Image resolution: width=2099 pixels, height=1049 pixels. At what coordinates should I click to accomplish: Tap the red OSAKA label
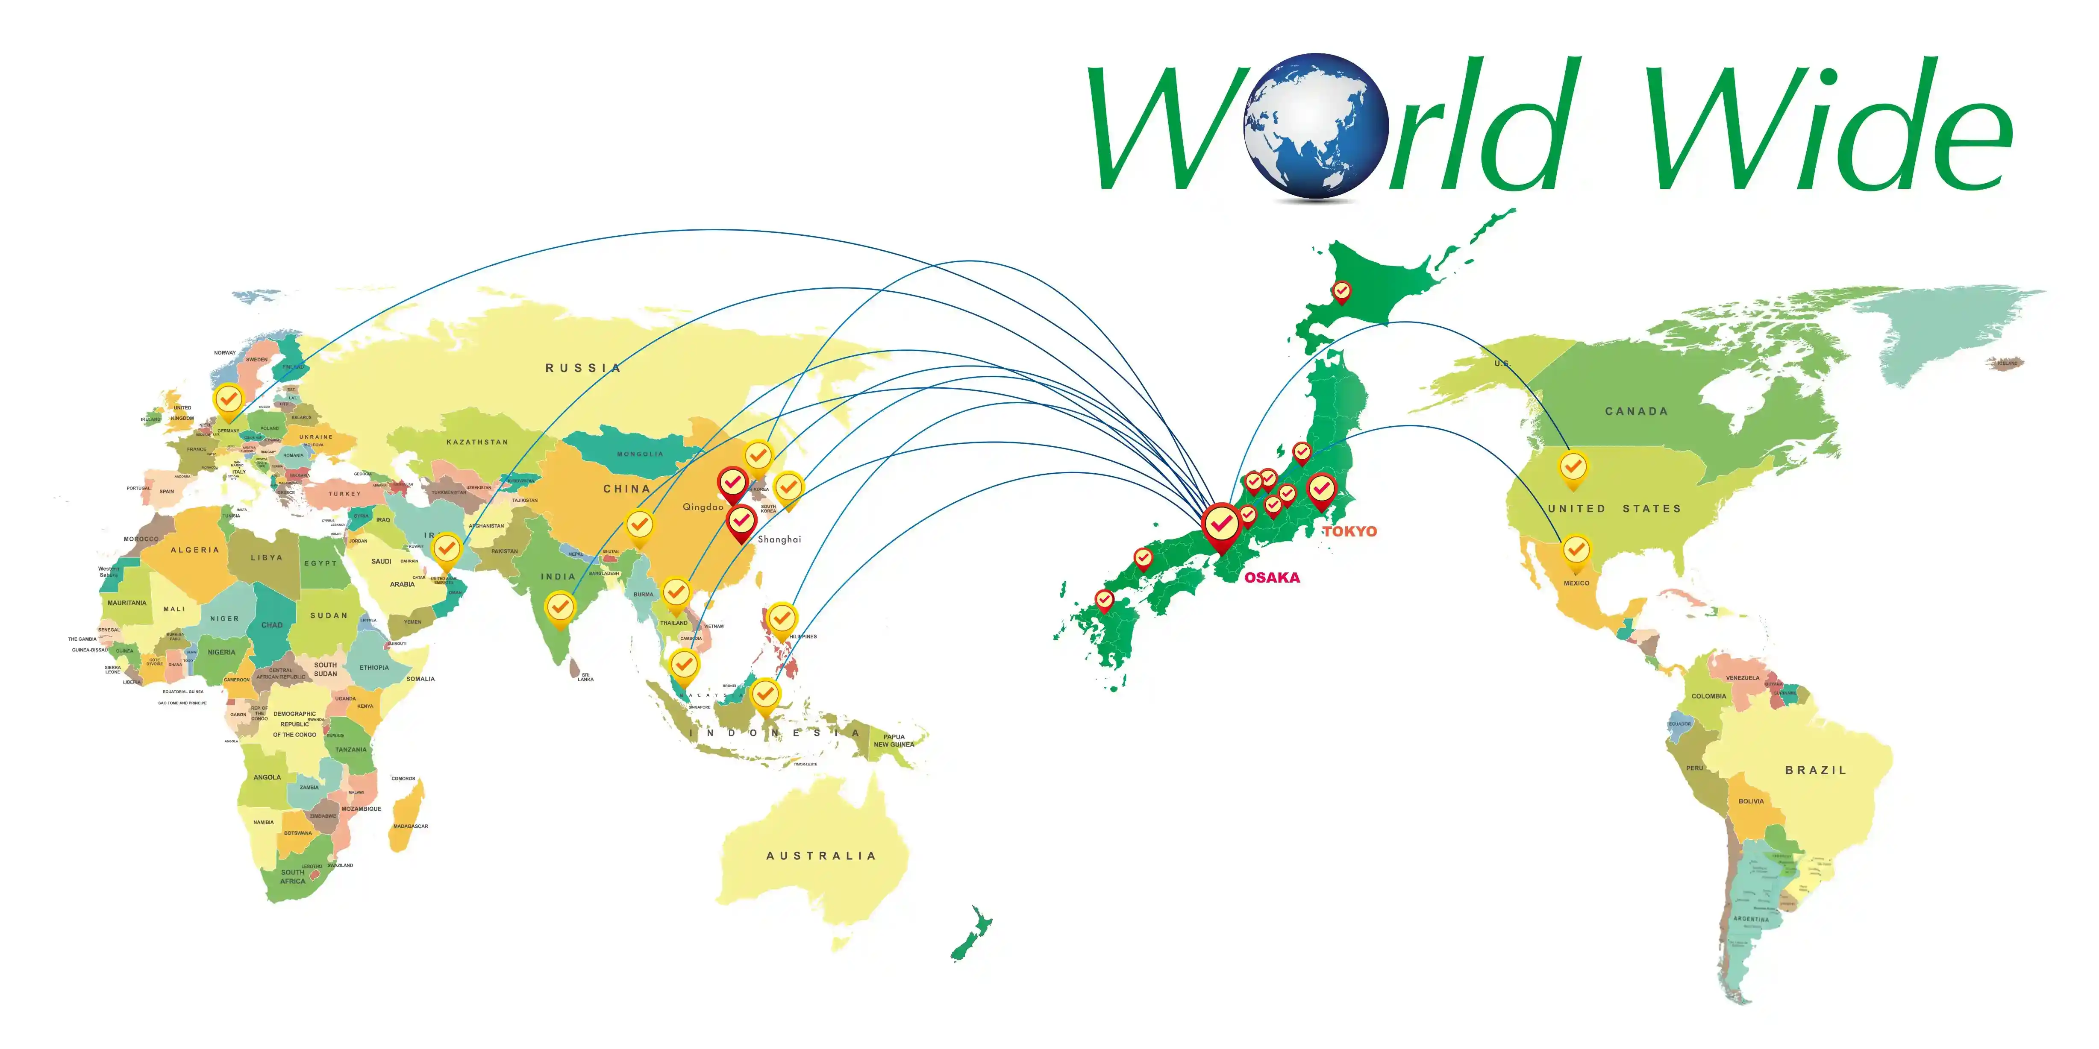[x=1272, y=577]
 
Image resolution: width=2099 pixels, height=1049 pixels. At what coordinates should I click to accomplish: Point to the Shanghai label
[x=779, y=539]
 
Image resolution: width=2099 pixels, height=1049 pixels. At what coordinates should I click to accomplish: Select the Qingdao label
[x=703, y=507]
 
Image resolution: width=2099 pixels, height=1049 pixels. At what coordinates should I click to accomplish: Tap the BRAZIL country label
[x=1815, y=770]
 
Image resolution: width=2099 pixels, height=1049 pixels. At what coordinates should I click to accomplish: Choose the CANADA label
[x=1636, y=411]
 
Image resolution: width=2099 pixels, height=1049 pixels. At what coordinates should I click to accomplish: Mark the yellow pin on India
[x=559, y=607]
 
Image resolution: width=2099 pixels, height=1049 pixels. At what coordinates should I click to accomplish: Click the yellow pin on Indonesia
[x=764, y=695]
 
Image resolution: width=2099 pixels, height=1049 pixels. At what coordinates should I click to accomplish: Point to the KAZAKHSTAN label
[x=476, y=442]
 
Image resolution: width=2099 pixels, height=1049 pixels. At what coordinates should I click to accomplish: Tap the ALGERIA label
[x=195, y=550]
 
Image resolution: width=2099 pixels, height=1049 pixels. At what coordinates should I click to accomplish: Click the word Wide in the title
[x=1829, y=126]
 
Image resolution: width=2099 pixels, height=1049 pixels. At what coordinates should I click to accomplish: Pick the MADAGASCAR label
[x=411, y=826]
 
